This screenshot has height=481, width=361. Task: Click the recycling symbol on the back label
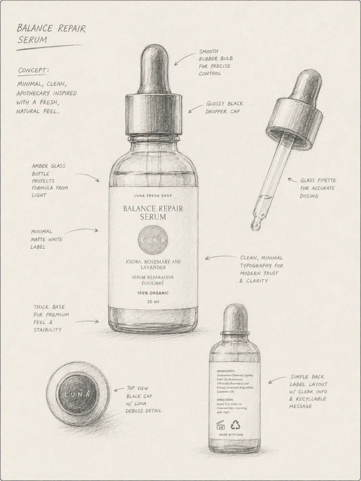coord(235,425)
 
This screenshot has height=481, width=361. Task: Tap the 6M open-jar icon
coord(221,425)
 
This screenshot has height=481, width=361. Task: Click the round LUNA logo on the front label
coord(153,240)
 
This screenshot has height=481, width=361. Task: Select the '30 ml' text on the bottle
coord(153,302)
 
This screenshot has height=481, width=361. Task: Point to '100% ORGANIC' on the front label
coord(153,293)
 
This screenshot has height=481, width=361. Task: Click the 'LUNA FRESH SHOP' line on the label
coord(153,196)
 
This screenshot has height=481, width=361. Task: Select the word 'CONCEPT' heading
coord(32,70)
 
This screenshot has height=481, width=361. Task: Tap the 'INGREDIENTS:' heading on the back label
coord(226,371)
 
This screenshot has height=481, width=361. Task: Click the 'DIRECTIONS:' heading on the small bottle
coord(225,400)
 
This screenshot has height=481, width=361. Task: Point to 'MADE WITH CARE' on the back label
coord(231,434)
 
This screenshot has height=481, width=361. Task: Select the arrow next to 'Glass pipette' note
coord(293,180)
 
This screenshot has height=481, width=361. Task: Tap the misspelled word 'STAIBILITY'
coord(47,330)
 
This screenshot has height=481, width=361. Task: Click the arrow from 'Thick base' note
coord(86,322)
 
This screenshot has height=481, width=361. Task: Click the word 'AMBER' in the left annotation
coord(40,166)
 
